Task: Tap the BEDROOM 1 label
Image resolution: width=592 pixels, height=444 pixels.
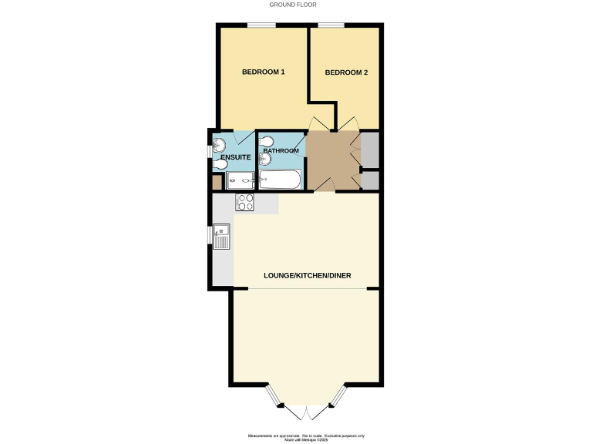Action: (264, 72)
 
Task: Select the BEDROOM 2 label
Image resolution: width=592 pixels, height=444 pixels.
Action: (346, 73)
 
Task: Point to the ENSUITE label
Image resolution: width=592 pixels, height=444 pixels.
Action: (234, 158)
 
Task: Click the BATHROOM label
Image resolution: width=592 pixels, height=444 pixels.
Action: (281, 150)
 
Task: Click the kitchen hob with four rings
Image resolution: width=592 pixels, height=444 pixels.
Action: (245, 203)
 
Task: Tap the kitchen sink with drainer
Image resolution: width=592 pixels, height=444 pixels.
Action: (223, 237)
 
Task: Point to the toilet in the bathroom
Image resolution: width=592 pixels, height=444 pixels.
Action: (267, 141)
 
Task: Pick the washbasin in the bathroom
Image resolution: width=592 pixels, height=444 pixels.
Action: (264, 159)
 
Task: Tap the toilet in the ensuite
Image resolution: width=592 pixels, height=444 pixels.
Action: (220, 143)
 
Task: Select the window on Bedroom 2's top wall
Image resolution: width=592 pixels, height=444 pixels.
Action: (331, 26)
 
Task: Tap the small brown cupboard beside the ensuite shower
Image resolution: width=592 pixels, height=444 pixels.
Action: (217, 182)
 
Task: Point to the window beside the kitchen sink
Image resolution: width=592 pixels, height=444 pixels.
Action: (210, 235)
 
